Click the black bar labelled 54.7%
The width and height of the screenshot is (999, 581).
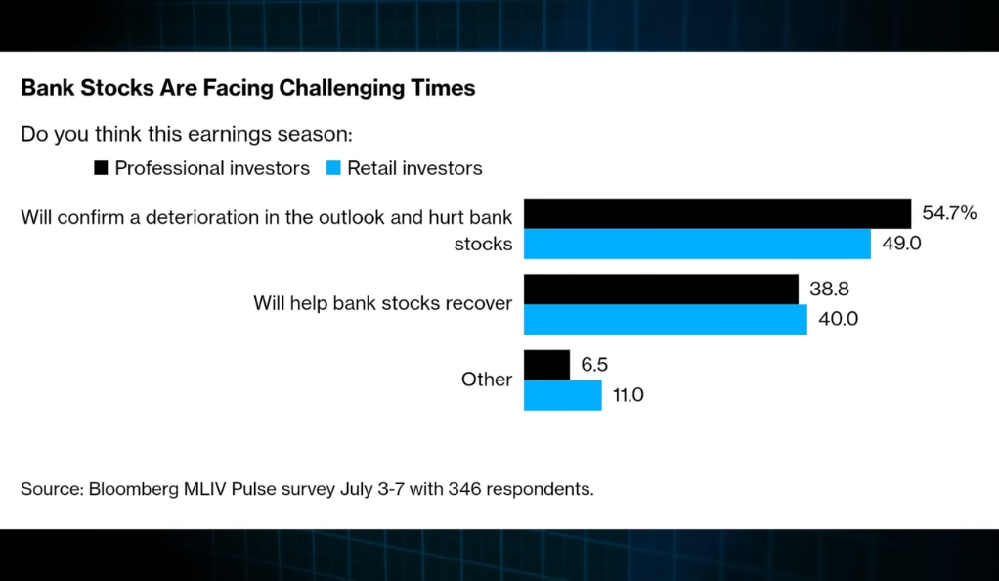pyautogui.click(x=717, y=213)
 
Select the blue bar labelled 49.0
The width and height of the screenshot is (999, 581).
pyautogui.click(x=697, y=244)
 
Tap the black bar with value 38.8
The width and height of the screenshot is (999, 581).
pyautogui.click(x=661, y=289)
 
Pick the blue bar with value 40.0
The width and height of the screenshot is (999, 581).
pyautogui.click(x=665, y=320)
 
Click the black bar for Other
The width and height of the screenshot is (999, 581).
pyautogui.click(x=546, y=365)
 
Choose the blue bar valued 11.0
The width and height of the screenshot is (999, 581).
pyautogui.click(x=563, y=395)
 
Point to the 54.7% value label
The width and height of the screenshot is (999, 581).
pyautogui.click(x=949, y=213)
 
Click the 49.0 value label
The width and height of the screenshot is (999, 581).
pyautogui.click(x=901, y=243)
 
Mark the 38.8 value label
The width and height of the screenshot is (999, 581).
pyautogui.click(x=829, y=289)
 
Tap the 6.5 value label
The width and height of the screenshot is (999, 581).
pyautogui.click(x=594, y=364)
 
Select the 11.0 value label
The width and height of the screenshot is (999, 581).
pyautogui.click(x=629, y=395)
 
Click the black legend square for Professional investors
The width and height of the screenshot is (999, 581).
pyautogui.click(x=101, y=167)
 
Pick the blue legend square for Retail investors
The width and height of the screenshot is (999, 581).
pyautogui.click(x=333, y=167)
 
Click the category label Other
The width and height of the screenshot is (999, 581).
pyautogui.click(x=487, y=380)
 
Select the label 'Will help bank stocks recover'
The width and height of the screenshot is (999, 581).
pyautogui.click(x=383, y=303)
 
